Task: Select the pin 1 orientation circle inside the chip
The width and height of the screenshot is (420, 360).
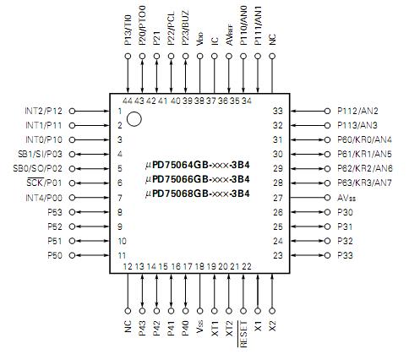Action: (134, 120)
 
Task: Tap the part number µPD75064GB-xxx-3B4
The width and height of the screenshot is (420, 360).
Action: (198, 166)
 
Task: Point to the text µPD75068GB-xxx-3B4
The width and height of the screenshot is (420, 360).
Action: (198, 195)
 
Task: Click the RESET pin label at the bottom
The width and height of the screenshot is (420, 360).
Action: (244, 335)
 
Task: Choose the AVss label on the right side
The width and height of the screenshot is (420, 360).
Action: (348, 197)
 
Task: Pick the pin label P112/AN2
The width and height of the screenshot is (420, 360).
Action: (357, 111)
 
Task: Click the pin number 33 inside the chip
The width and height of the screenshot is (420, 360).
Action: (276, 111)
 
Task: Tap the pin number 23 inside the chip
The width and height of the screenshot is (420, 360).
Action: (276, 254)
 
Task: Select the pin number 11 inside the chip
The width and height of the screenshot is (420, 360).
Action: (122, 254)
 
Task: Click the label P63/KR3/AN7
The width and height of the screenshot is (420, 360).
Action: (364, 183)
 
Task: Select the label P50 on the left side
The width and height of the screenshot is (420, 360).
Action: (55, 254)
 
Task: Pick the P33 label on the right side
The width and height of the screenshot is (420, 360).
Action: (346, 254)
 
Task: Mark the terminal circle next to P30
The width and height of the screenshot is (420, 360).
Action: (327, 211)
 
